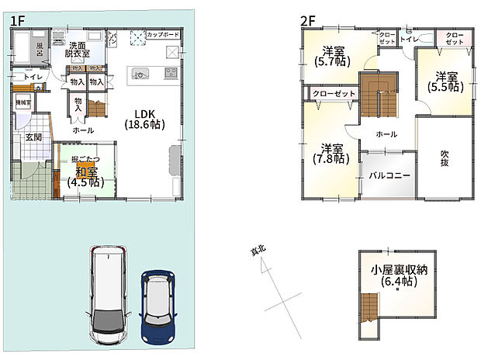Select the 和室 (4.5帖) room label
(87, 178)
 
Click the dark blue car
(160, 305)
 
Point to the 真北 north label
(257, 251)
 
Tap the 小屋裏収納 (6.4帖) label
(399, 276)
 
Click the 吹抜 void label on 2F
(443, 156)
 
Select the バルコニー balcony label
(389, 176)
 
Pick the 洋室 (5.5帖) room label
(445, 83)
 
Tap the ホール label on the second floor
(386, 134)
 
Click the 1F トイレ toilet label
(33, 78)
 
